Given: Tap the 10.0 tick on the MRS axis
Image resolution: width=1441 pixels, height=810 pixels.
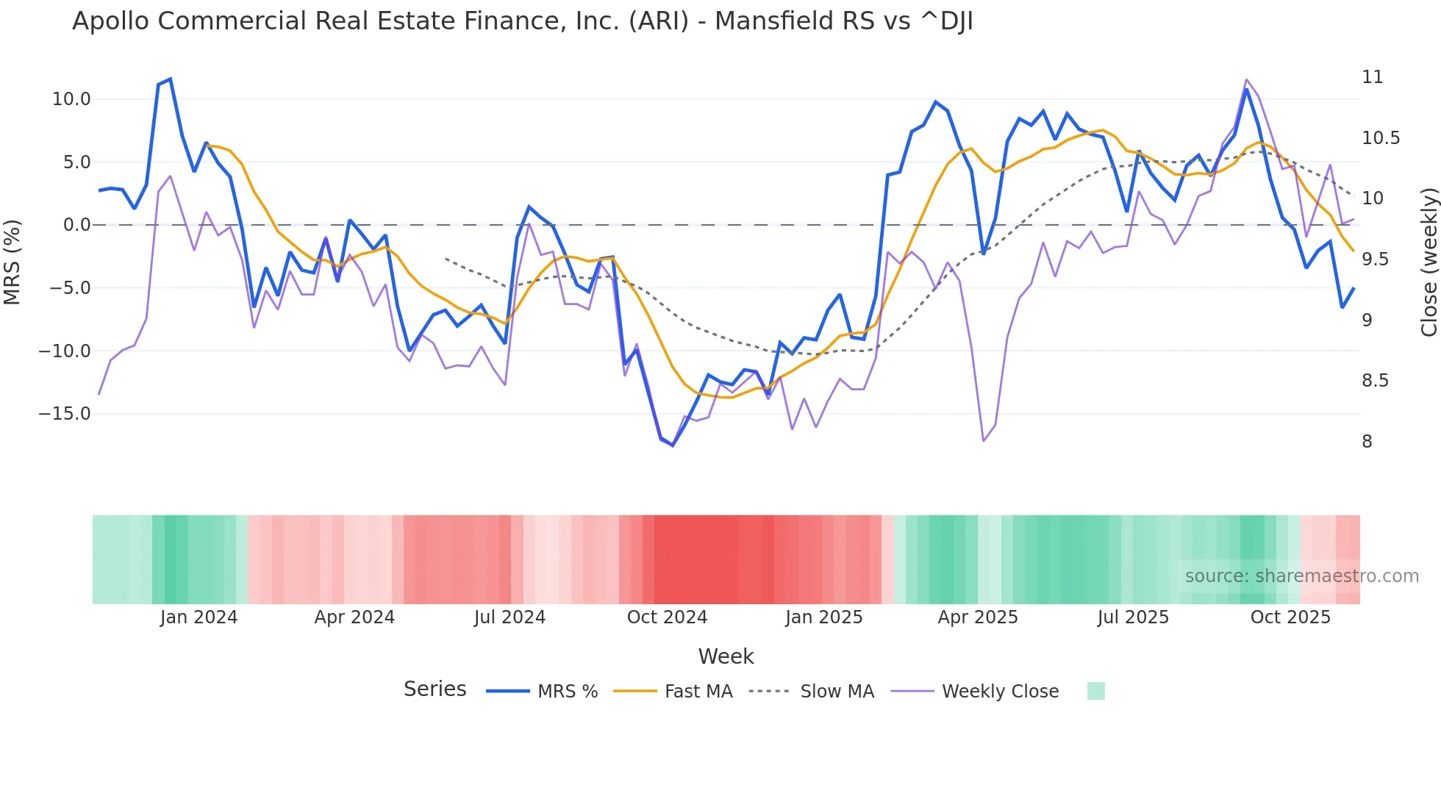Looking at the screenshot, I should pos(71,99).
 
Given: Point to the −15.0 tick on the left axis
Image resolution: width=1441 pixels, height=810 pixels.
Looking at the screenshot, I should pos(65,414).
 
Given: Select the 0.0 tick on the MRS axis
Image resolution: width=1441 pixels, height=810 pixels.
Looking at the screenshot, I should pos(76,225).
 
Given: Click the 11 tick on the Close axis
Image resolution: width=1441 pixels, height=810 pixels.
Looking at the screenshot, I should pos(1372,77).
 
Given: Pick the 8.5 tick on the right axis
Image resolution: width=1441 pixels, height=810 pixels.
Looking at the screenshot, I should pos(1375,381).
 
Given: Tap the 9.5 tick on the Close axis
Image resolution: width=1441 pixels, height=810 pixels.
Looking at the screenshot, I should pos(1375,259).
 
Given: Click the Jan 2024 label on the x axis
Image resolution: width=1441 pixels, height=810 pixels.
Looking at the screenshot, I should pos(199,617).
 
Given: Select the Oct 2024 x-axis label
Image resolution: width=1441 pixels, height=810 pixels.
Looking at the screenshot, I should pos(667,617).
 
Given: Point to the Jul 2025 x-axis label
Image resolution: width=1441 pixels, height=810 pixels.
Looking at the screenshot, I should pos(1133,617).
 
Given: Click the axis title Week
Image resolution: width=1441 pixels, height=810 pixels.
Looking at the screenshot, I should pos(726,656).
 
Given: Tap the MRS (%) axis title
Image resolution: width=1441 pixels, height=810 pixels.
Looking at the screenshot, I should pos(12,262).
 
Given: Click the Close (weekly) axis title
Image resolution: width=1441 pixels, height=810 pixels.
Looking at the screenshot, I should pos(1429,262).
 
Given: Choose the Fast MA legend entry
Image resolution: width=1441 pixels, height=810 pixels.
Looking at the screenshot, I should pos(698,692).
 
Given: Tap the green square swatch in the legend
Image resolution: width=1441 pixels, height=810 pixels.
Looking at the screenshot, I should pos(1095,691).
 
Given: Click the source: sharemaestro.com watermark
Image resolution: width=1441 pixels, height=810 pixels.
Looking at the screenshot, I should pos(1301,576).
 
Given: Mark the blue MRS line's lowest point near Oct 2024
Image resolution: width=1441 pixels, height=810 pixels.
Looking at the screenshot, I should pos(673,445).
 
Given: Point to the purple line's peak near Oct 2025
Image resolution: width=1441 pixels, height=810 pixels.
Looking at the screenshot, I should pos(1247,79).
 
